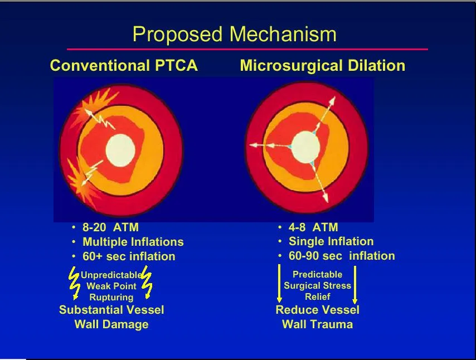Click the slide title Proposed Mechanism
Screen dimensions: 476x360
[x=234, y=35]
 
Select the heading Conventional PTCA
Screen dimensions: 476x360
[x=124, y=65]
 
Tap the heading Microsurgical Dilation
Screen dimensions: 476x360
[x=322, y=65]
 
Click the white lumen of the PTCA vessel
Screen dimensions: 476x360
[x=120, y=150]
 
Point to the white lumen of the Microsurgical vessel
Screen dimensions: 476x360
[x=305, y=147]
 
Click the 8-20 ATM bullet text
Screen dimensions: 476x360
[x=110, y=227]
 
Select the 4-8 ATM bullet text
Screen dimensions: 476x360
[x=313, y=227]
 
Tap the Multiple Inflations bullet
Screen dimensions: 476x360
[x=133, y=242]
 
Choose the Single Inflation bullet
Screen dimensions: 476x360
[x=331, y=241]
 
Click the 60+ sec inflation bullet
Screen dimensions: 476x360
[x=129, y=256]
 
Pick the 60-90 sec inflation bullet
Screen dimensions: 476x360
[x=342, y=256]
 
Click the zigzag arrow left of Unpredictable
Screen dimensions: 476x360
[x=74, y=283]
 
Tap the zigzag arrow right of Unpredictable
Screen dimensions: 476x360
[x=147, y=283]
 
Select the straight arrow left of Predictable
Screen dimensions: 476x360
[x=279, y=284]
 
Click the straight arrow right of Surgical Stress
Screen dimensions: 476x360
[x=354, y=285]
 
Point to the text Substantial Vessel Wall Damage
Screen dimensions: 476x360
[x=111, y=317]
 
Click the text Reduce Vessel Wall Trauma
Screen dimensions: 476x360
[x=318, y=317]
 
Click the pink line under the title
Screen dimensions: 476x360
[x=247, y=49]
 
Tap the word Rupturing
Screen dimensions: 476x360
[x=111, y=297]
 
